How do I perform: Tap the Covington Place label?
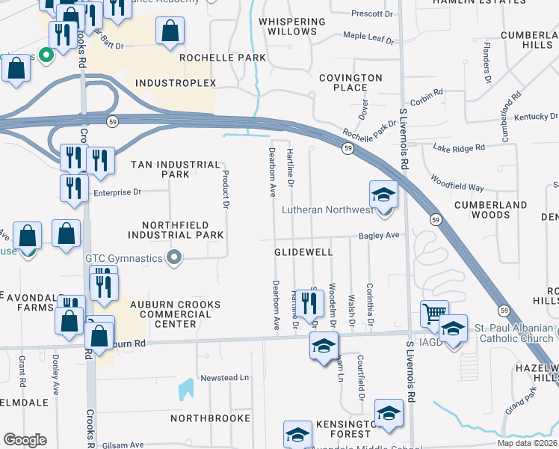pos(350,82)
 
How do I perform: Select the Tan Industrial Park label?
pos(176,169)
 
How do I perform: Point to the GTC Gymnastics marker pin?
pos(175,258)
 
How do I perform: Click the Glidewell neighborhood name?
pos(303,253)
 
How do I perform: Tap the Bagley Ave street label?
pos(380,235)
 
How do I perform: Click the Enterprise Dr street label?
pos(117,192)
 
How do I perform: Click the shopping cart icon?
pos(434,314)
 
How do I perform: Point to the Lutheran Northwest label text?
pos(327,210)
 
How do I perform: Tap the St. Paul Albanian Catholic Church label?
pos(514,334)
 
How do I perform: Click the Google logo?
pos(25,440)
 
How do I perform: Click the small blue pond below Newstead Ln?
pos(185,389)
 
